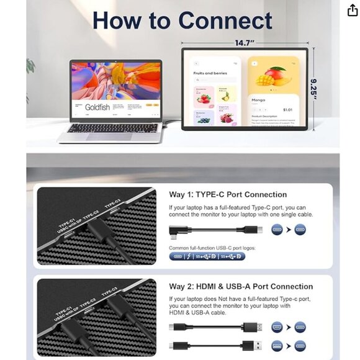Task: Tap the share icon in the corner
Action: coord(353,10)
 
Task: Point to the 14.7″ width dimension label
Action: coord(245,43)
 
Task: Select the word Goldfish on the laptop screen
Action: coord(97,107)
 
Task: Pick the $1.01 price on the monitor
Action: coord(287,109)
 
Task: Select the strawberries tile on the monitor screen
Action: coord(204,95)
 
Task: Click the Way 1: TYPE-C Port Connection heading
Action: coord(228,194)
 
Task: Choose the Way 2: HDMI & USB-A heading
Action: coord(241,286)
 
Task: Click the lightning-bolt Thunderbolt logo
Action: coord(188,256)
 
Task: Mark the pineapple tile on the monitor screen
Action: coord(226,95)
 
